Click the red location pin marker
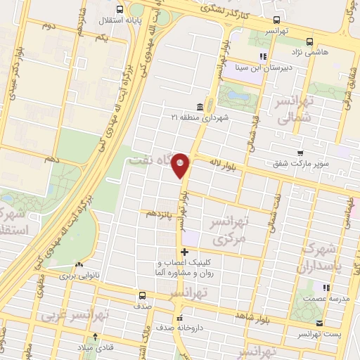(181, 165)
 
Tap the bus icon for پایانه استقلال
(120, 10)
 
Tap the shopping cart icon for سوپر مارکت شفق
(300, 153)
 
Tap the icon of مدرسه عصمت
(325, 288)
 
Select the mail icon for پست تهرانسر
(320, 323)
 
